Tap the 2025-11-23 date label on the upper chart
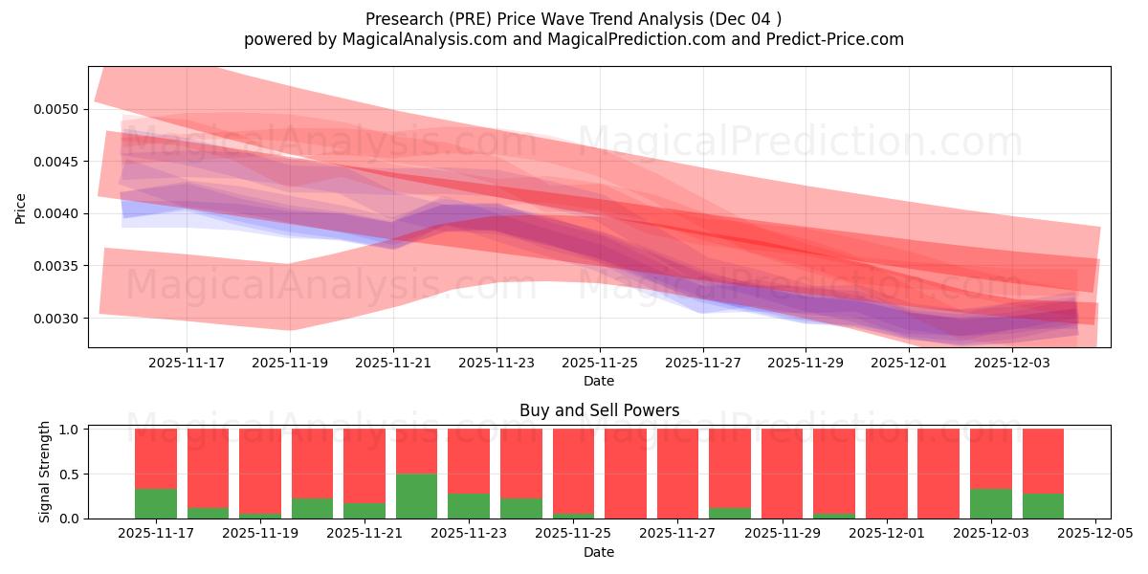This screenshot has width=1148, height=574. click(496, 363)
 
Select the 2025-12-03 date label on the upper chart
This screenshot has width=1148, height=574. click(1012, 363)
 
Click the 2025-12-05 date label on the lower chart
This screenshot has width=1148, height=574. click(1093, 533)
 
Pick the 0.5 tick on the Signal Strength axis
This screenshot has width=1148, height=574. click(70, 475)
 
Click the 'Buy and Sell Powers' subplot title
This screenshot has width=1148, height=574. click(599, 410)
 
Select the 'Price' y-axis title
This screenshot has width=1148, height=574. click(21, 208)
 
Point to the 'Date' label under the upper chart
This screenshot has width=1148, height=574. click(599, 381)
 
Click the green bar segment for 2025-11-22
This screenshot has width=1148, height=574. click(416, 496)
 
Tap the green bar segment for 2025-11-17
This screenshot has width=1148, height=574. click(156, 503)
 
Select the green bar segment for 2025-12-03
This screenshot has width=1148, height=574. click(990, 503)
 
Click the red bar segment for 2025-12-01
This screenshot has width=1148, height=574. click(886, 474)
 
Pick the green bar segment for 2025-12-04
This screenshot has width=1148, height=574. click(1043, 506)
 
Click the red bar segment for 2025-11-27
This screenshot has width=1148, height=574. click(677, 474)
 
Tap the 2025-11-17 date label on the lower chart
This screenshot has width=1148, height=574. click(156, 533)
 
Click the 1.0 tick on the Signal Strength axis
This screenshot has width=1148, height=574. click(70, 430)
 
